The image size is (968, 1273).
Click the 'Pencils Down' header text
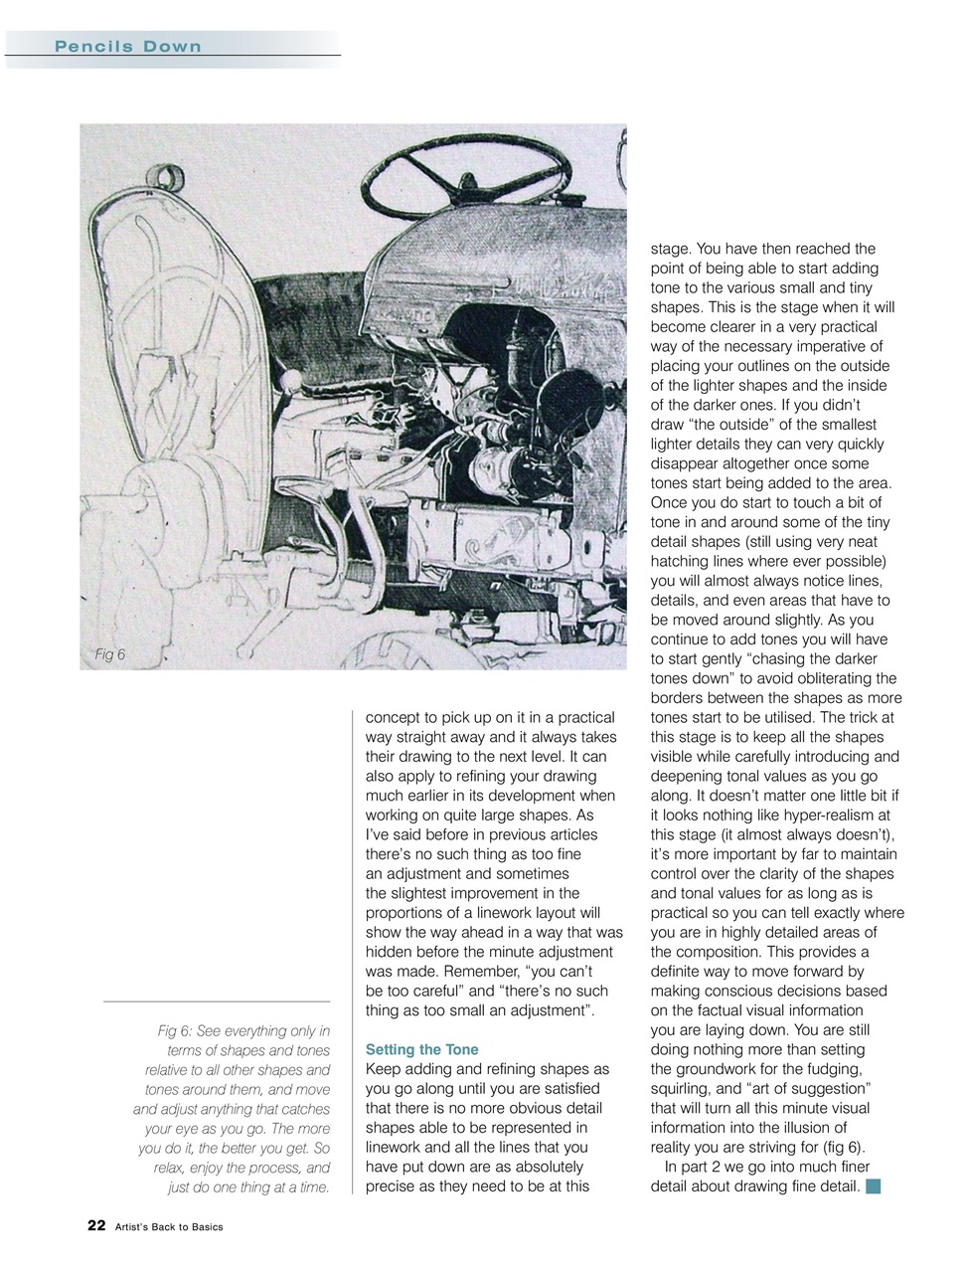[128, 47]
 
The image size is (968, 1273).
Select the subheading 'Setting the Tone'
[422, 1049]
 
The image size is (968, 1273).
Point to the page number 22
[96, 1225]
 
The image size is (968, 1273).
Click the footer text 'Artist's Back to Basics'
[169, 1226]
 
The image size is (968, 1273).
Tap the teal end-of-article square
[874, 1185]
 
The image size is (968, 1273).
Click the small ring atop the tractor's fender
[175, 180]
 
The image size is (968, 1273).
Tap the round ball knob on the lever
[290, 382]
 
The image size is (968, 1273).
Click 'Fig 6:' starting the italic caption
[178, 1030]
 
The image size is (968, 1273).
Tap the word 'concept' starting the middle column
[394, 717]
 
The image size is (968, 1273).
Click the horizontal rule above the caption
[217, 1000]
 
